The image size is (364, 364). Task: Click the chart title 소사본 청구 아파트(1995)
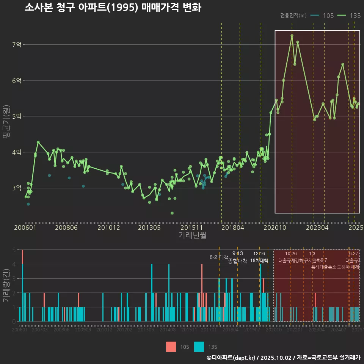(x=113, y=8)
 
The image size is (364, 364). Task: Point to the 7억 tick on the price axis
(x=17, y=45)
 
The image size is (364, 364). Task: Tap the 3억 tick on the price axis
(x=17, y=188)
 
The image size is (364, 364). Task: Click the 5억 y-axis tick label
(x=17, y=116)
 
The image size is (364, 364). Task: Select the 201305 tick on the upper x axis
(x=149, y=228)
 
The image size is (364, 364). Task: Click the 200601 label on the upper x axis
(x=25, y=228)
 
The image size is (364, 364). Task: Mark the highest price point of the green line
(x=292, y=36)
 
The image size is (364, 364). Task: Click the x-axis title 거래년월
(x=192, y=235)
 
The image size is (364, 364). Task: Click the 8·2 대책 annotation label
(x=217, y=257)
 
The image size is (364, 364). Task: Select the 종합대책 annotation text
(x=237, y=261)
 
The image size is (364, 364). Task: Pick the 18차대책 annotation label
(x=259, y=260)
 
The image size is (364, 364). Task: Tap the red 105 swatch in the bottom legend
(x=171, y=347)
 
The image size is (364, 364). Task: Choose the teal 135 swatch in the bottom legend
(x=199, y=347)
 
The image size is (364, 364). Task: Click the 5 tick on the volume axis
(x=14, y=250)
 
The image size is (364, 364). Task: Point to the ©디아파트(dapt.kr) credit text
(x=231, y=358)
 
